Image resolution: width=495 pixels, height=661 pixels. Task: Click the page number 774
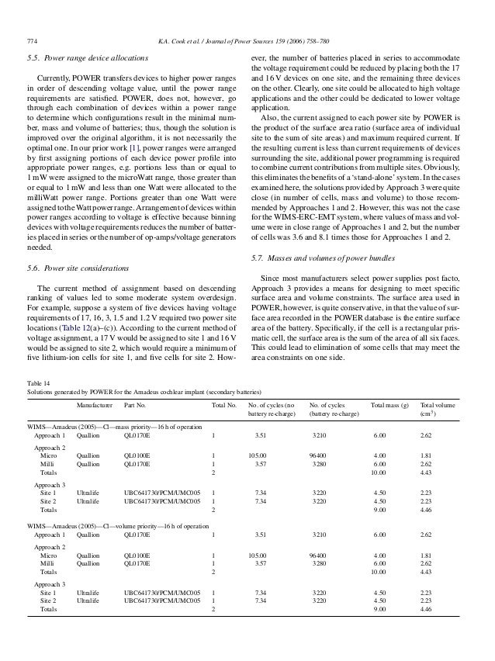tap(32, 40)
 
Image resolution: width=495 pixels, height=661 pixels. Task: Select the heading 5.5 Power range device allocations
tap(83, 57)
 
